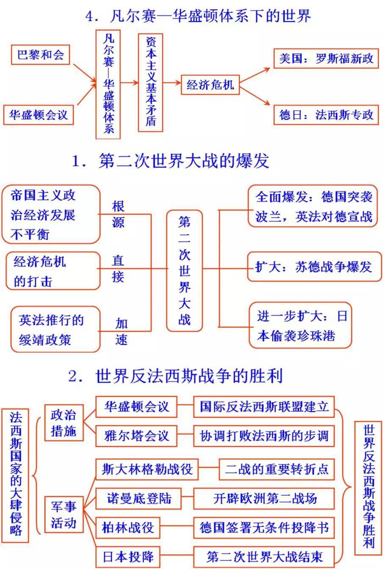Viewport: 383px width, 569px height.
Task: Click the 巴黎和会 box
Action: (x=40, y=55)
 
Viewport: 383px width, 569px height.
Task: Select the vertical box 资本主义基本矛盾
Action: (x=150, y=83)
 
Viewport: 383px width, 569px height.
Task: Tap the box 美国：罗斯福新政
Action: (x=326, y=58)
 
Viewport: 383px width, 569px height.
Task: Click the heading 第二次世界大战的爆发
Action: (x=170, y=161)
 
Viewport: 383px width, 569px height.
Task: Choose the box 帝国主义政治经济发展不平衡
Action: (x=51, y=214)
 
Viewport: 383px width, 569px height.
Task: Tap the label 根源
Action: (x=118, y=214)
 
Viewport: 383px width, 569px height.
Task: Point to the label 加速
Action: (x=121, y=331)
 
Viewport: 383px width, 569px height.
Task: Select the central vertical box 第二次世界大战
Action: (x=184, y=271)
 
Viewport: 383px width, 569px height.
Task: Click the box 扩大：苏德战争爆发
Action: (x=314, y=267)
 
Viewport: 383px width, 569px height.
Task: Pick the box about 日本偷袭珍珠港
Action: (x=300, y=325)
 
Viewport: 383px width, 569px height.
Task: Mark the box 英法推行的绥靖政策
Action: (x=56, y=330)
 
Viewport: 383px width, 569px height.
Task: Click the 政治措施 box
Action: (x=64, y=423)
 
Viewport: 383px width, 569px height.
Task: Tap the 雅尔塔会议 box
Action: (x=136, y=436)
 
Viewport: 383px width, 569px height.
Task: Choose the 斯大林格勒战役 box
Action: (x=147, y=469)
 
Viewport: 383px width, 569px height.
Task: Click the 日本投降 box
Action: (x=128, y=557)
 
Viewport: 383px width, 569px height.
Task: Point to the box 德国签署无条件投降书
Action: (x=264, y=527)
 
